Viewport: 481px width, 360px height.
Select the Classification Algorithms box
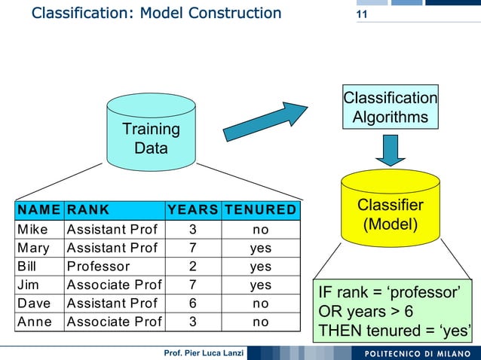click(390, 108)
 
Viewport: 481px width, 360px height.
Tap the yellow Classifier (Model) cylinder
click(390, 214)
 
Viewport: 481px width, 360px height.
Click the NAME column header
click(39, 209)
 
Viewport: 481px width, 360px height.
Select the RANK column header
click(88, 209)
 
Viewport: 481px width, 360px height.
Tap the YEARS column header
click(193, 209)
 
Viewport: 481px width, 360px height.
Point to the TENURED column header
click(260, 209)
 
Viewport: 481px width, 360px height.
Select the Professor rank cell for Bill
click(98, 266)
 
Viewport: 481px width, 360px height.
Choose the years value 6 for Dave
click(193, 303)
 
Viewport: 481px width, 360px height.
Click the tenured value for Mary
click(260, 248)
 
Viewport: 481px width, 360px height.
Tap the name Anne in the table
click(34, 322)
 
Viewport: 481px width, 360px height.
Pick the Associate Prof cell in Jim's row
click(114, 285)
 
